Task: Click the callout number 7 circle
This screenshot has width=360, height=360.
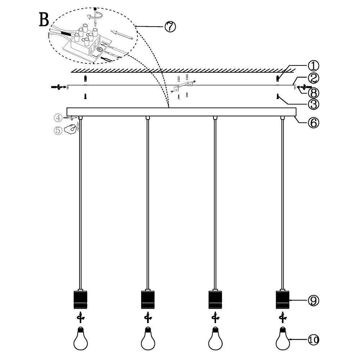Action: (170, 27)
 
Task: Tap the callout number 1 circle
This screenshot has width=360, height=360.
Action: (313, 66)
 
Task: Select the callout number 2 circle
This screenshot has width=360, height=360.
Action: (313, 78)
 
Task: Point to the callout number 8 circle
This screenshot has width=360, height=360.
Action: (313, 93)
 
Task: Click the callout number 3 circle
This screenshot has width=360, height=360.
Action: (313, 104)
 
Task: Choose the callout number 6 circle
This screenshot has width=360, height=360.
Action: (313, 122)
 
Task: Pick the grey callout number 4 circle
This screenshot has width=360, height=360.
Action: (58, 117)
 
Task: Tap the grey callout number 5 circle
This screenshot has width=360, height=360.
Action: (58, 130)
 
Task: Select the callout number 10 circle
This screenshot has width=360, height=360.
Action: (313, 339)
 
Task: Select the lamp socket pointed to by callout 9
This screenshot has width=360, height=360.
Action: (282, 300)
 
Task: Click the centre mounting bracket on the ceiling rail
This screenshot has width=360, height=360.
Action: (182, 86)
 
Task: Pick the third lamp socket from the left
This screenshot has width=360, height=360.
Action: (215, 300)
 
